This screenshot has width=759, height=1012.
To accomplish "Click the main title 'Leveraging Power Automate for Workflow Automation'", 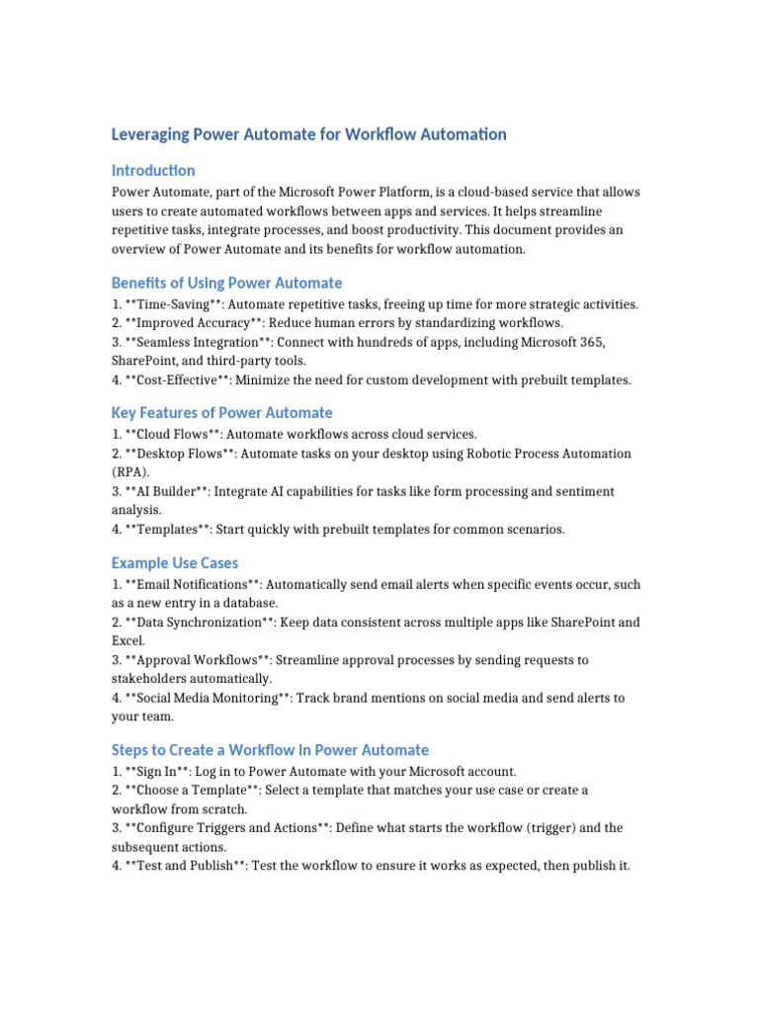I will [308, 134].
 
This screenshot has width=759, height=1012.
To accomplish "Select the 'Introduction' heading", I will [153, 170].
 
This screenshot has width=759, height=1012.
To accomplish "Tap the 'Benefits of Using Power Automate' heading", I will [226, 283].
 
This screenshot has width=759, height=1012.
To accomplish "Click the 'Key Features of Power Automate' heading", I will [221, 412].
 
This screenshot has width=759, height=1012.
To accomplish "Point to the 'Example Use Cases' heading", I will [175, 562].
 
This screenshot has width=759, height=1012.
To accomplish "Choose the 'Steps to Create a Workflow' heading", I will [270, 750].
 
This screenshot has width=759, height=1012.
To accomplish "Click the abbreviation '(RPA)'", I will [128, 472].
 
